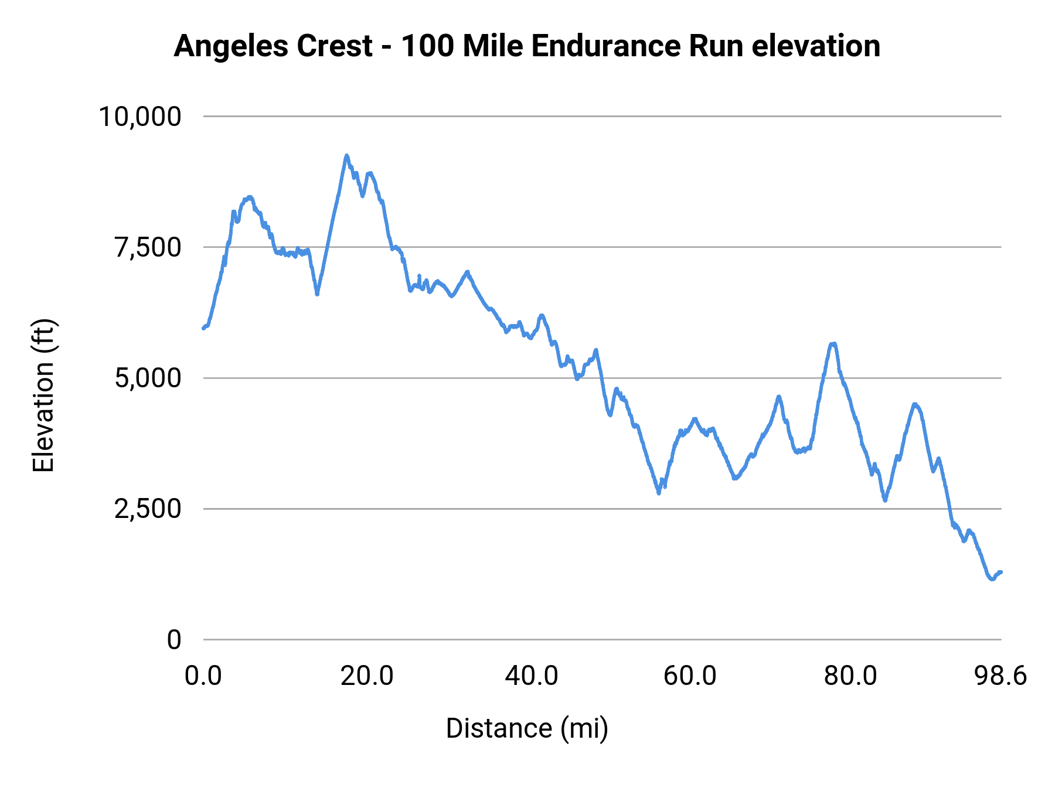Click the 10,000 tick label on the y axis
coord(139,117)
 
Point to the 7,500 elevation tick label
coord(148,247)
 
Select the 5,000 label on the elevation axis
coord(148,378)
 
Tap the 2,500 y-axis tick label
coord(148,509)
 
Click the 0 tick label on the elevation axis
coord(173,639)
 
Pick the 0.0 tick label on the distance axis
coord(203,676)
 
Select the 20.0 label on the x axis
coord(367,676)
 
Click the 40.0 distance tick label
coord(532,676)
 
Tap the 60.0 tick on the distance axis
coord(690,676)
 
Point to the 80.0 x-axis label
coord(850,676)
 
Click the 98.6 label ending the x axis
coord(1000,676)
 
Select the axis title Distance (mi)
coord(527,728)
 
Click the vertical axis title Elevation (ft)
coord(43,395)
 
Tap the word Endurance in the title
coord(604,46)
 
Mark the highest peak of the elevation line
coord(346,156)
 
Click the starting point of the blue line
coord(203,328)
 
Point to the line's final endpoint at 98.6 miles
coord(1001,572)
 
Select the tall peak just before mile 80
coord(832,344)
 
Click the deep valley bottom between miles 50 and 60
coord(659,493)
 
